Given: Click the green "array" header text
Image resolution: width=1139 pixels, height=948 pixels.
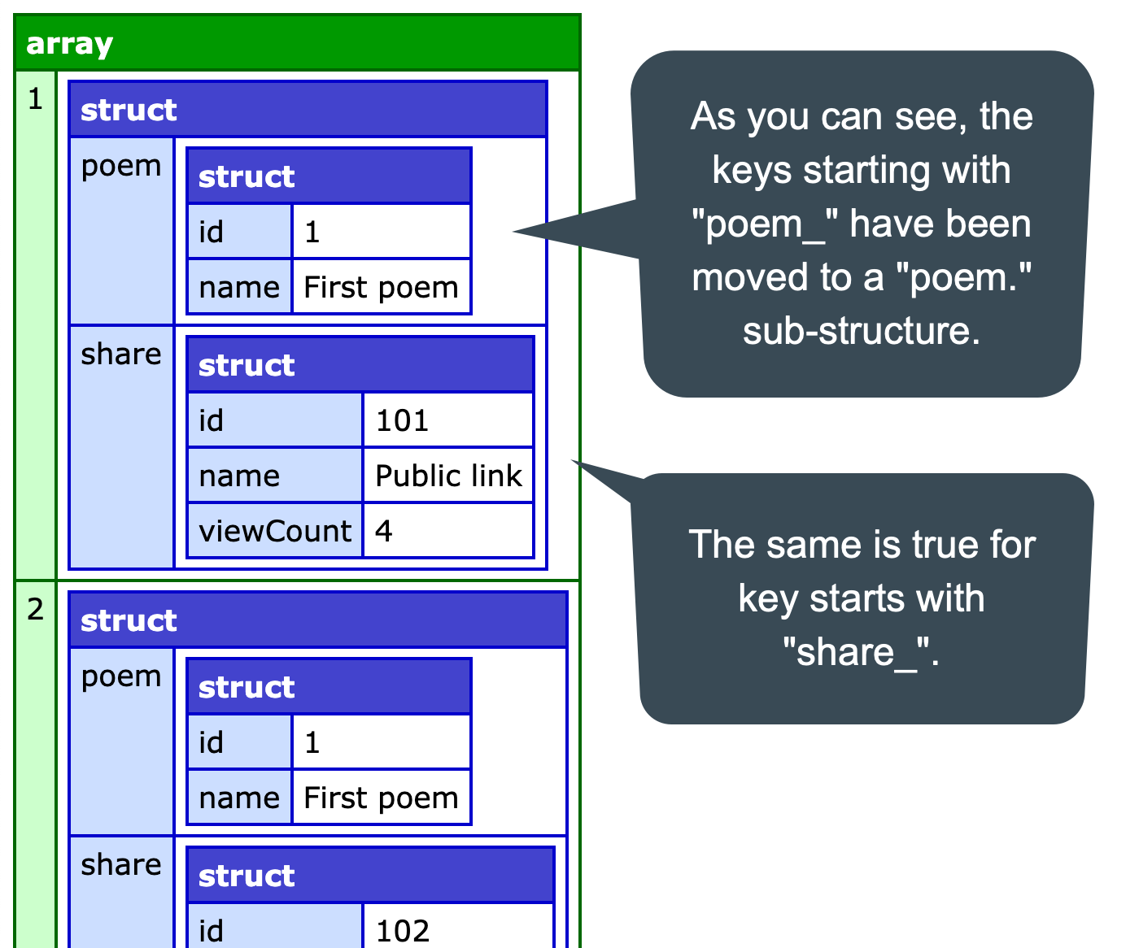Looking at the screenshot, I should coord(69,44).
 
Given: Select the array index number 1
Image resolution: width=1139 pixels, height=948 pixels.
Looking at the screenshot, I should coord(35,99).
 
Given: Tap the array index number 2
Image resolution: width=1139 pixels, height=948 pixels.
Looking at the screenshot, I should coord(35,609).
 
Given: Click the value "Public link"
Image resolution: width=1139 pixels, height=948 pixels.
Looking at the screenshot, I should coord(448,476).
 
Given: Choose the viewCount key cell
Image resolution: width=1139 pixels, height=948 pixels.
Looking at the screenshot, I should coord(275,531).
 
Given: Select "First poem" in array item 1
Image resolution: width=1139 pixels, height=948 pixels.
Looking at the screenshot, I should coord(381,287).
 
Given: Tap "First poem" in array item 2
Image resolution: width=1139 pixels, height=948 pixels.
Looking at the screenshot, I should coord(381,798).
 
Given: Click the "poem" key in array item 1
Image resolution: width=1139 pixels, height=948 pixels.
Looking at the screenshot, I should coord(121,166).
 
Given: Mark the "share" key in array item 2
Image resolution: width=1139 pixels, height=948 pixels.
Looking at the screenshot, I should coord(121,864).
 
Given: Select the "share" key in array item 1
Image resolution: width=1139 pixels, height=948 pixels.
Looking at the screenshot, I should coord(121,354).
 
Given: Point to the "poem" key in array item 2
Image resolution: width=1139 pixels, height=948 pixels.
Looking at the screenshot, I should coord(121,676).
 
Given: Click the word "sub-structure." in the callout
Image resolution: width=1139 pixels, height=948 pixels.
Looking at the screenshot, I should coord(862,331).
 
